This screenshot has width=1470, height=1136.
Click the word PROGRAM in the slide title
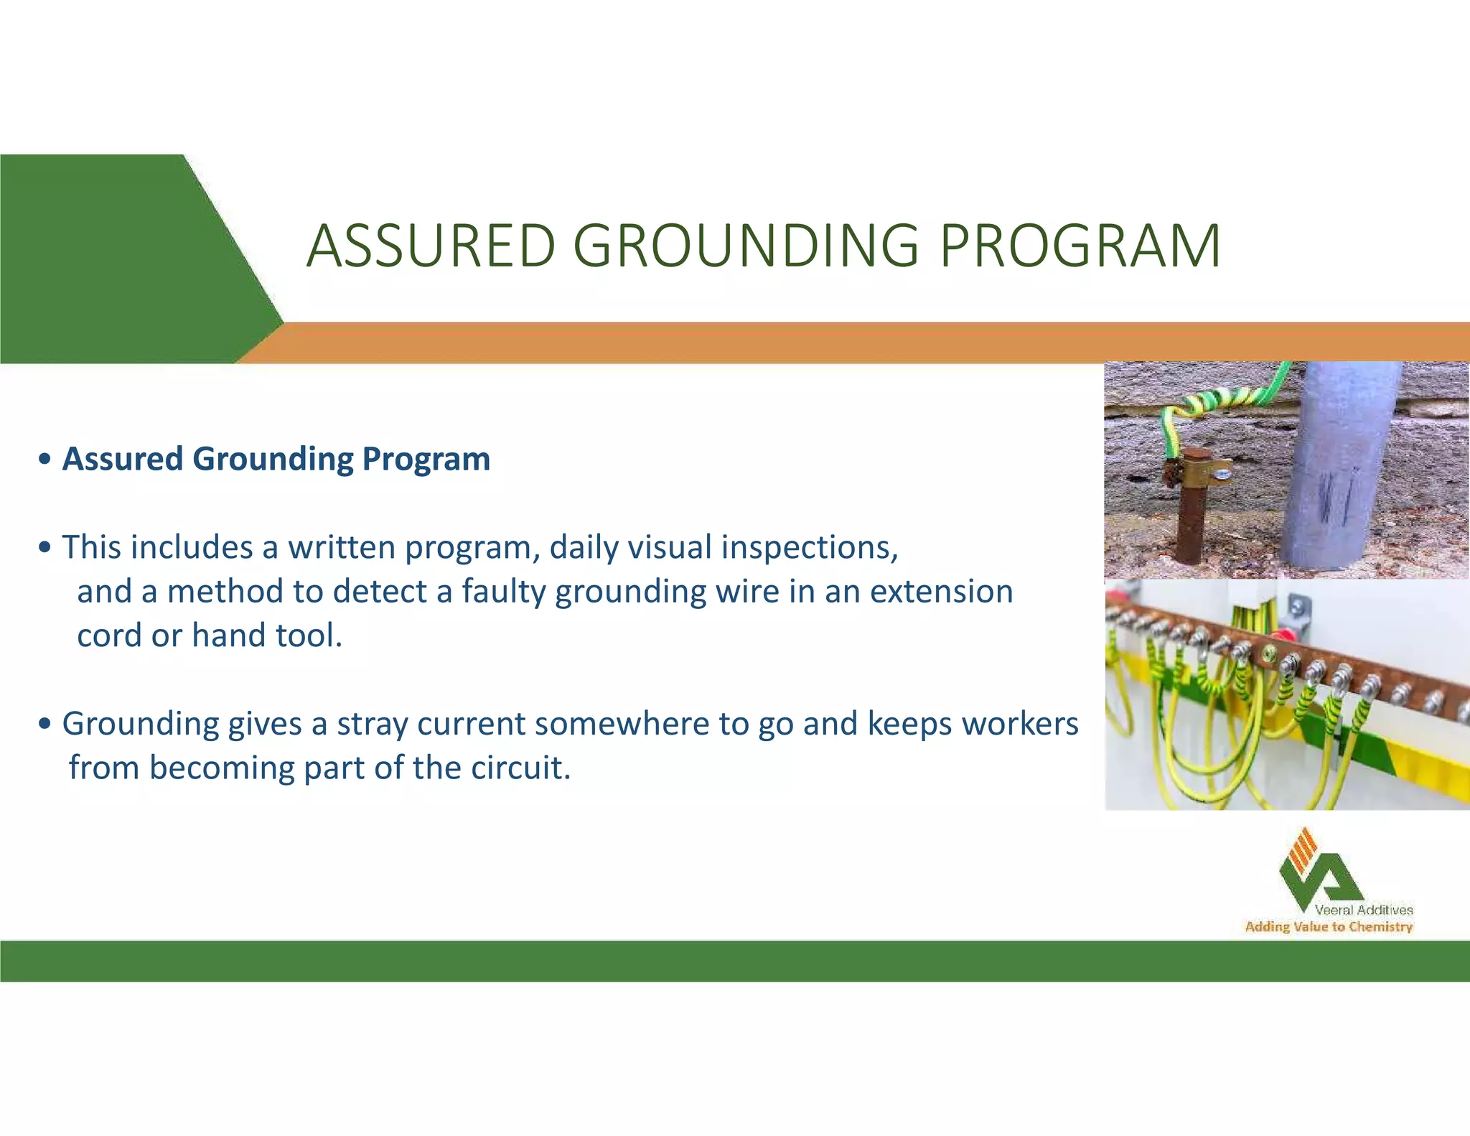coord(1080,246)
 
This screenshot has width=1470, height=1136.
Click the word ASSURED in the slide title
coord(431,246)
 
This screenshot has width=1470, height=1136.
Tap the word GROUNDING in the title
coord(746,246)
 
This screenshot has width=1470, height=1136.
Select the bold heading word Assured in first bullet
coord(123,459)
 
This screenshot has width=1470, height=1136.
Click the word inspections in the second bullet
coord(809,547)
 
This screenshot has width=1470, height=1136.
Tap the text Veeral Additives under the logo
coord(1363,910)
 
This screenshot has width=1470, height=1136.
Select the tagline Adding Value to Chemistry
coord(1329,927)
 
